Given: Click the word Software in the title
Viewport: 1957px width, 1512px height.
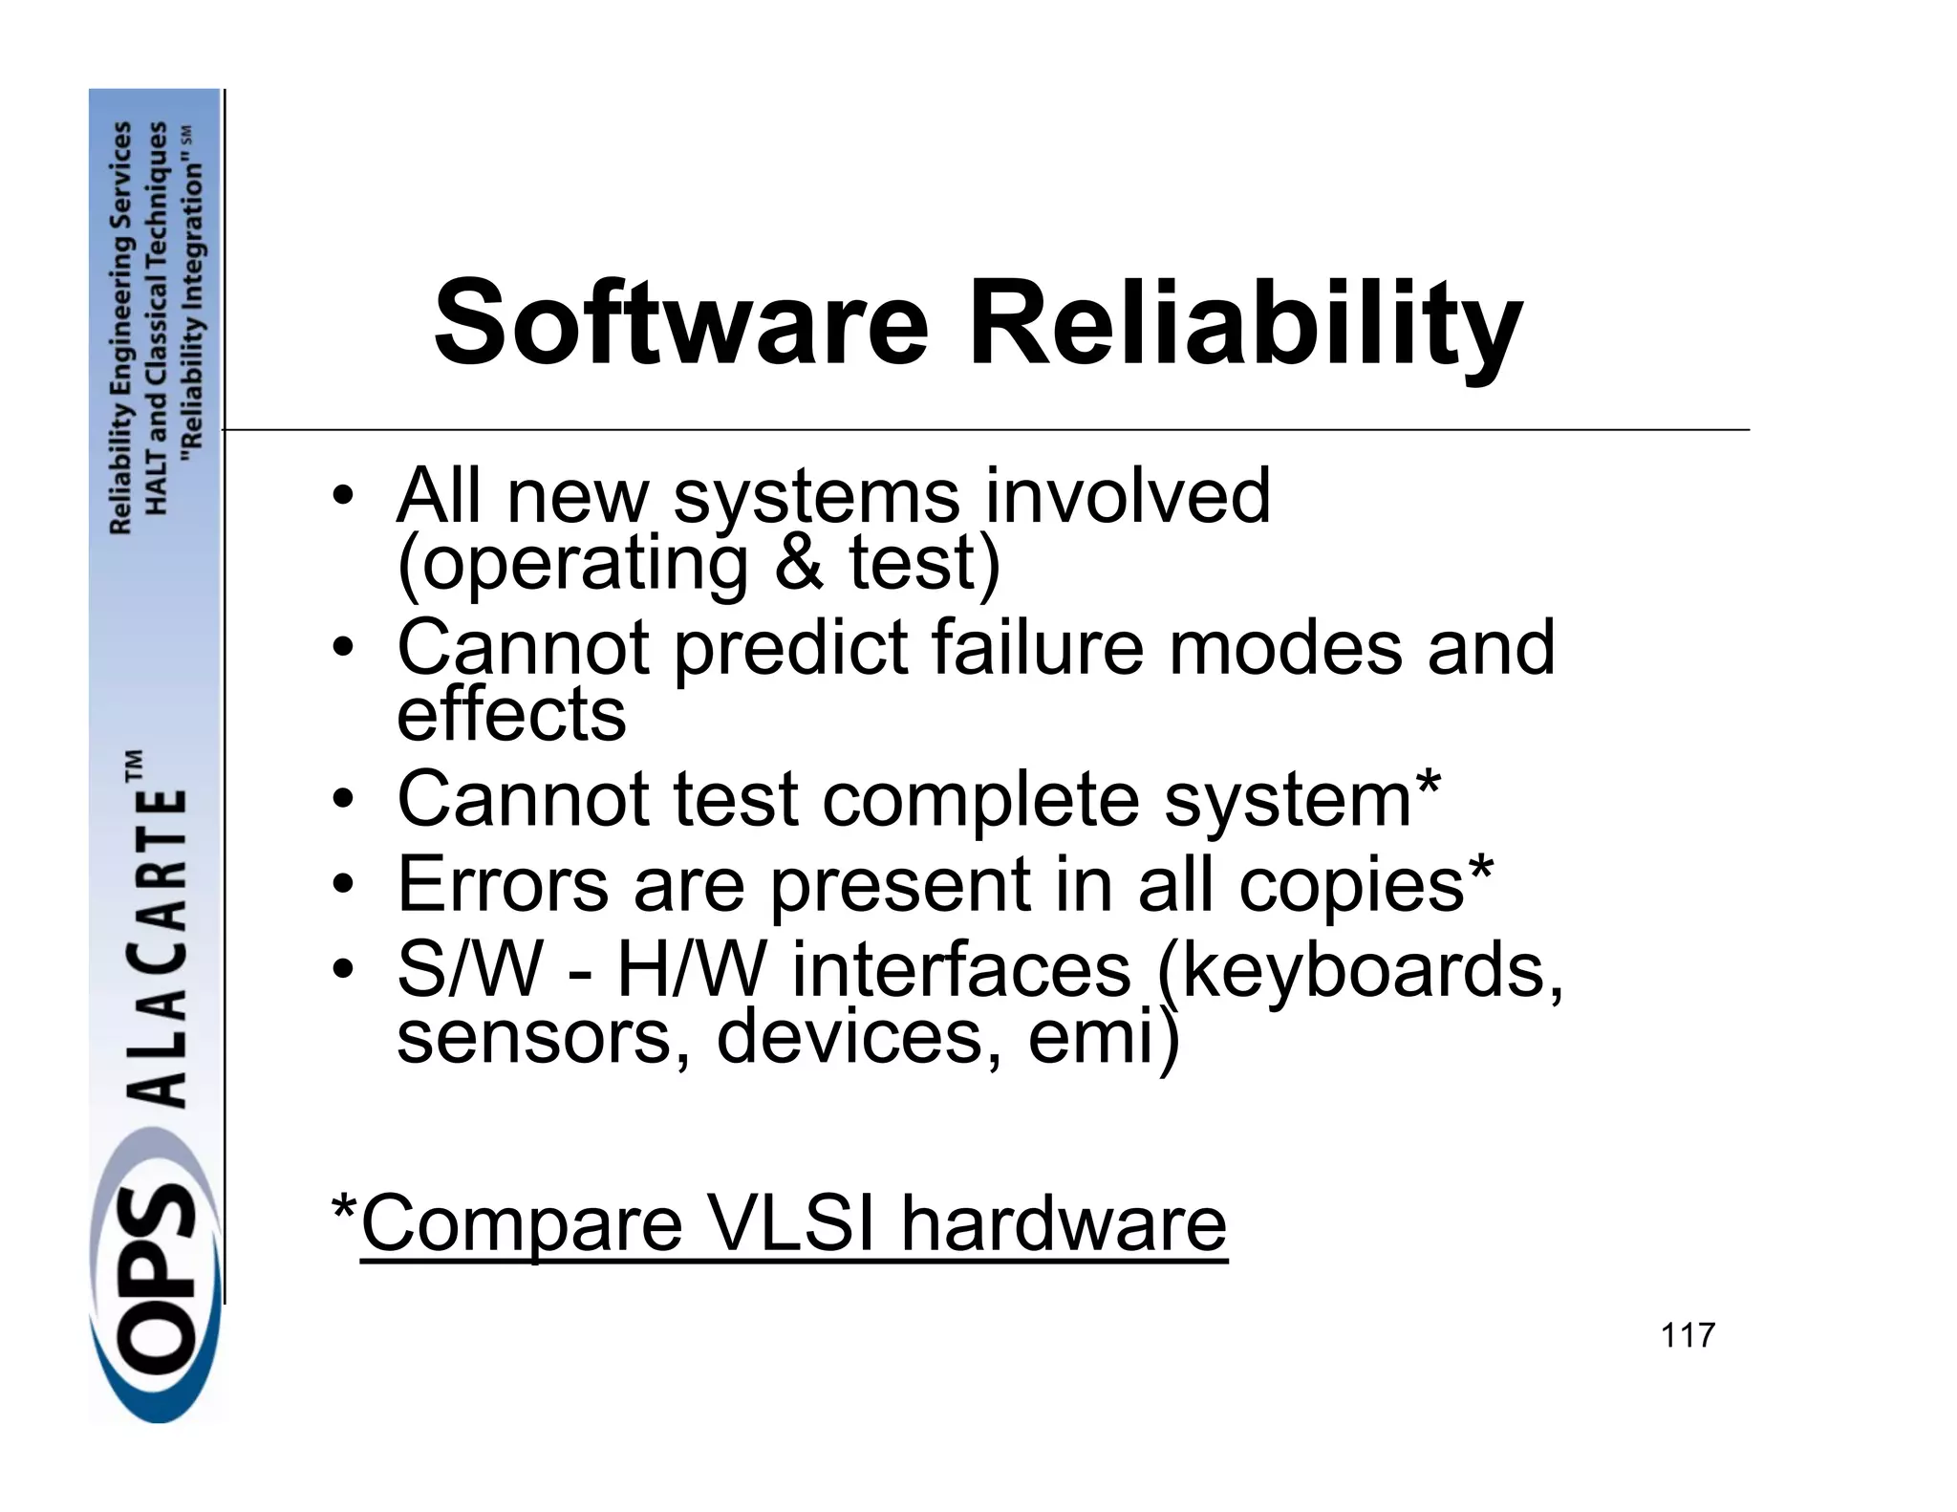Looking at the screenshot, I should [681, 323].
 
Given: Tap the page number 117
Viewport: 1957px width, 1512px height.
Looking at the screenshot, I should [1688, 1335].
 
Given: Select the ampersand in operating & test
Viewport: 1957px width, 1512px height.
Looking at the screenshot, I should [799, 563].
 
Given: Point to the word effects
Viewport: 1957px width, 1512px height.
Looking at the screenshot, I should [511, 714].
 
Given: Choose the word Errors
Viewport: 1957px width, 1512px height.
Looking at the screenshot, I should [503, 884].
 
